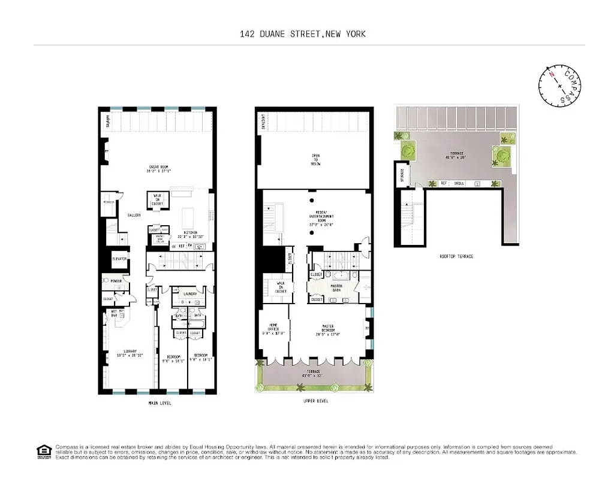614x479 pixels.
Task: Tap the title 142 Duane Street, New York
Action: (x=302, y=34)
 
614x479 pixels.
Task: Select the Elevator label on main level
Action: (x=119, y=259)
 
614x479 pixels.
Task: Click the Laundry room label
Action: (x=191, y=294)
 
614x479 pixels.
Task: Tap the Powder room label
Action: (x=115, y=280)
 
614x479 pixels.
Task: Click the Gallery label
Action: (x=134, y=214)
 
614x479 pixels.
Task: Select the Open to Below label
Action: (x=315, y=160)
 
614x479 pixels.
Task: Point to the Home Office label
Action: (x=273, y=328)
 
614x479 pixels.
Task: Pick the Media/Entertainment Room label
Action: (x=321, y=219)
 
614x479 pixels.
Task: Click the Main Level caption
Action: (x=159, y=404)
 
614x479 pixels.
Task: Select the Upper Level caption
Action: (x=315, y=401)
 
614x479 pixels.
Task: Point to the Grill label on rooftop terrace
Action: (x=459, y=183)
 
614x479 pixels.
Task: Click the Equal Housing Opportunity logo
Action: (x=43, y=451)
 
